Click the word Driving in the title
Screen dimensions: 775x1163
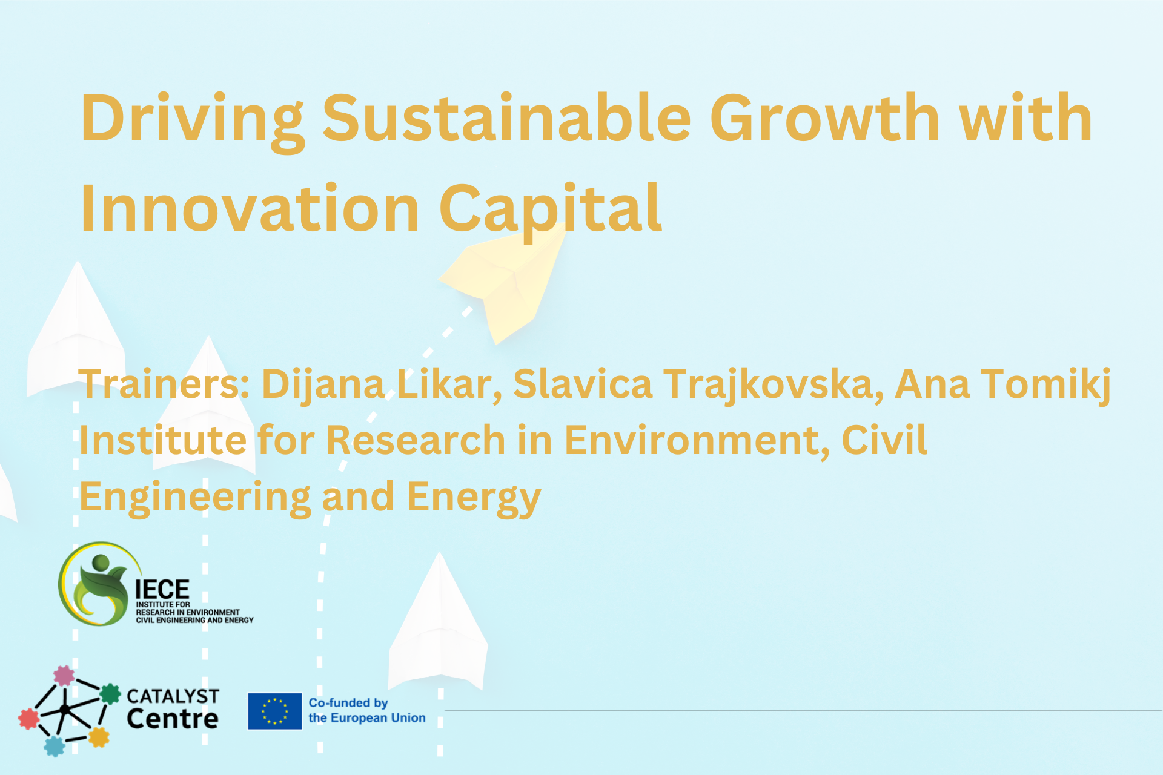(191, 120)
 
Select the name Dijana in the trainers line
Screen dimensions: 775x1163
(323, 385)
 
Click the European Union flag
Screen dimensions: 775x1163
(274, 711)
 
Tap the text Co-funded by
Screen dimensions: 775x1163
(348, 702)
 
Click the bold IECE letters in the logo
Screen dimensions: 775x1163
(162, 589)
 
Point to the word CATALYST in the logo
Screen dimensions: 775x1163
(173, 696)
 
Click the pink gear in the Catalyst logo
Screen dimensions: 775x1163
(64, 676)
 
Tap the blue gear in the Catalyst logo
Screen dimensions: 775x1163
(55, 746)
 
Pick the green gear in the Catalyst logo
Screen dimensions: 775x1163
(110, 693)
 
